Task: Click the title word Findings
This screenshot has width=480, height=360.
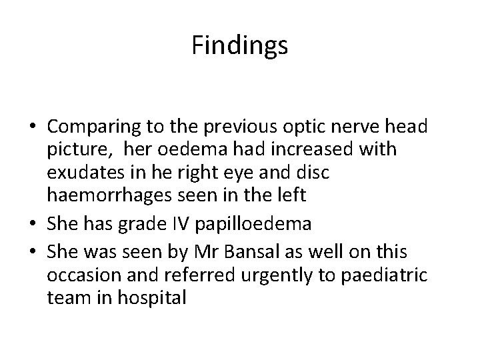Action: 239,46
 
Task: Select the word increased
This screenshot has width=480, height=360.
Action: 309,149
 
